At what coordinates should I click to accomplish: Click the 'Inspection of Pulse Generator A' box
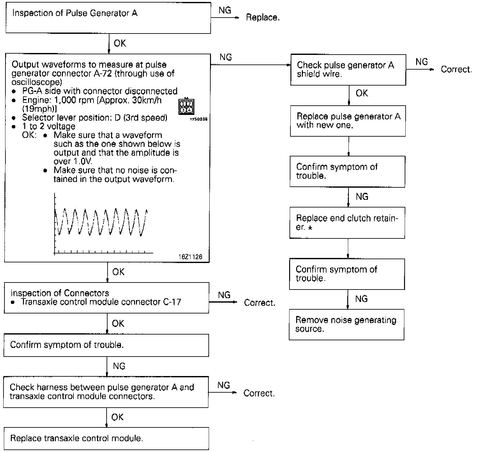click(x=108, y=18)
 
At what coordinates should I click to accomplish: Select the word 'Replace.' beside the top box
click(x=263, y=18)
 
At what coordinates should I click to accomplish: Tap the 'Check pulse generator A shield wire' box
click(x=348, y=70)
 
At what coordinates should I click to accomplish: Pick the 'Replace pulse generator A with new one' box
click(x=348, y=121)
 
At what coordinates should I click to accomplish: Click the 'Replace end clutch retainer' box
click(x=347, y=222)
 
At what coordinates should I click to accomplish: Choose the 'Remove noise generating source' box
click(x=347, y=324)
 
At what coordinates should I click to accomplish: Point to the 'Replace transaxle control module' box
click(x=106, y=438)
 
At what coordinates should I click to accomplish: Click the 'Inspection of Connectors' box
click(x=106, y=298)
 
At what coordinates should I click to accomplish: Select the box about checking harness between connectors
click(x=106, y=392)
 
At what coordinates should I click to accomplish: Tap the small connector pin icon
click(x=186, y=107)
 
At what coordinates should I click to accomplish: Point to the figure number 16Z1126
click(x=190, y=257)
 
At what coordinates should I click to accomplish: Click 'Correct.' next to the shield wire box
click(x=456, y=70)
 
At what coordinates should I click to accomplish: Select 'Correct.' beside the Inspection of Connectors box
click(x=259, y=303)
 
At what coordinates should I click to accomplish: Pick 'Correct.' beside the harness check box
click(x=259, y=393)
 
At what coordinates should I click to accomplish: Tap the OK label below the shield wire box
click(x=362, y=93)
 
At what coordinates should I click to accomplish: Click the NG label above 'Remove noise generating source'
click(x=361, y=299)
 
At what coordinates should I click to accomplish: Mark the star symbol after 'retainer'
click(x=310, y=228)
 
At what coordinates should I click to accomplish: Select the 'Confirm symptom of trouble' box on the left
click(x=106, y=345)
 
